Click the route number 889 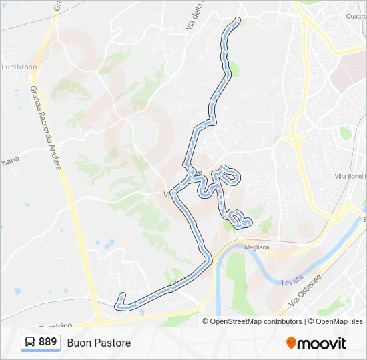point(47,342)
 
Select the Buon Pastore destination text point(99,343)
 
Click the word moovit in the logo point(322,343)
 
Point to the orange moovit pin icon point(291,343)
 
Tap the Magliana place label point(256,247)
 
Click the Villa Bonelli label point(350,176)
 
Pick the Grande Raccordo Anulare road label point(46,127)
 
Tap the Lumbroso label point(18,67)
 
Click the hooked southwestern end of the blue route point(121,295)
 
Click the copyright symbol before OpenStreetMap point(206,321)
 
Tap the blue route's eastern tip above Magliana point(249,222)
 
